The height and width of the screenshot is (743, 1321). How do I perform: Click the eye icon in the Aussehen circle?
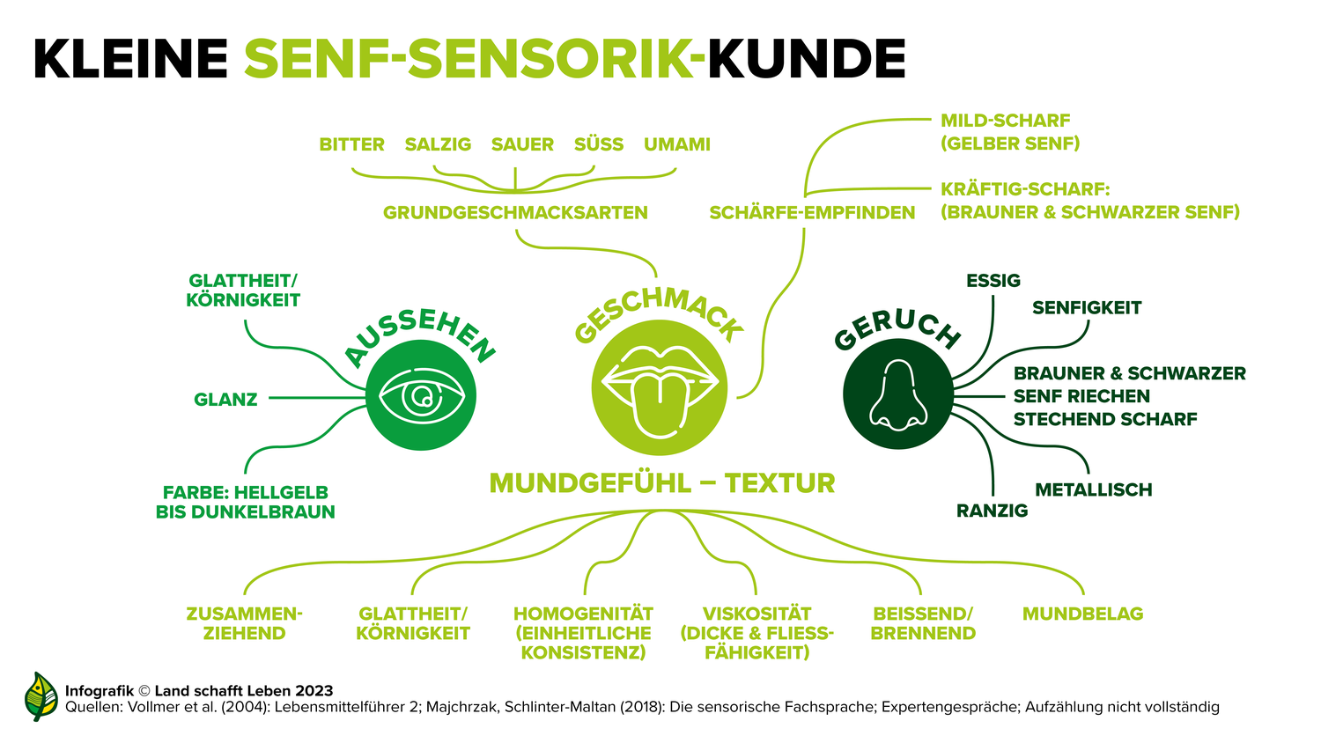421,396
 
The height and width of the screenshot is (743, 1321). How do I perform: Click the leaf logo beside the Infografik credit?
41,696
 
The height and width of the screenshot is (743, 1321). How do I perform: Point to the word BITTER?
352,144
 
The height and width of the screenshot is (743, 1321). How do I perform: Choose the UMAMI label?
677,144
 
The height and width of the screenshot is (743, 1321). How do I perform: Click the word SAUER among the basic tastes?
522,144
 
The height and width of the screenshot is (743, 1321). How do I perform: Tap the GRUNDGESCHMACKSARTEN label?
515,212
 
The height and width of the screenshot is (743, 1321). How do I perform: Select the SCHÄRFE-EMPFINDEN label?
812,212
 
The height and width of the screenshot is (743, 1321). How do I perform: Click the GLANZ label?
225,400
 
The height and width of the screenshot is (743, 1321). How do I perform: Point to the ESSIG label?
993,281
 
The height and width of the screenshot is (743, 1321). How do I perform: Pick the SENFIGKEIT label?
1087,308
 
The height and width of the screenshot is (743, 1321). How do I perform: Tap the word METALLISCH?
1094,489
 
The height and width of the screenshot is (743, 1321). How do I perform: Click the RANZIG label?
992,511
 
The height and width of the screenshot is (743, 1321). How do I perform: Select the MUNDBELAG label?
1082,614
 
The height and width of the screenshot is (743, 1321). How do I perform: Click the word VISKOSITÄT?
757,614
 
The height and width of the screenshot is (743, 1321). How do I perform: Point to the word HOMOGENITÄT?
583,614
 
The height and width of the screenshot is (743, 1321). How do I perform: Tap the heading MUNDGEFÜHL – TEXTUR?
662,483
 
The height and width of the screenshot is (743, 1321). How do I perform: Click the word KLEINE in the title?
131,59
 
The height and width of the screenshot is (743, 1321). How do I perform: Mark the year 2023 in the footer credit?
314,691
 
